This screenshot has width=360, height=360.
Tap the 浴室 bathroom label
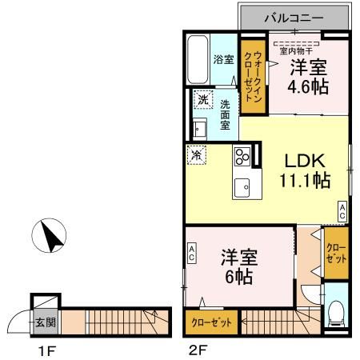click(x=222, y=59)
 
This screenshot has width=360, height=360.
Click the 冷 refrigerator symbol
click(x=195, y=154)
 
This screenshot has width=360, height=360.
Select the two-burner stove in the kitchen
click(x=242, y=154)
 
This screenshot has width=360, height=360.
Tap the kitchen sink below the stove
click(x=242, y=186)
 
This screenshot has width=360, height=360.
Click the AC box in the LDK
click(x=342, y=211)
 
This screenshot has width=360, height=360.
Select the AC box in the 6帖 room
click(x=192, y=254)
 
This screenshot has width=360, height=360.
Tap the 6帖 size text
click(x=237, y=277)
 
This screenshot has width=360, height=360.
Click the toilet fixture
click(x=336, y=313)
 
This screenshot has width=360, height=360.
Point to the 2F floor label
click(x=198, y=350)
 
